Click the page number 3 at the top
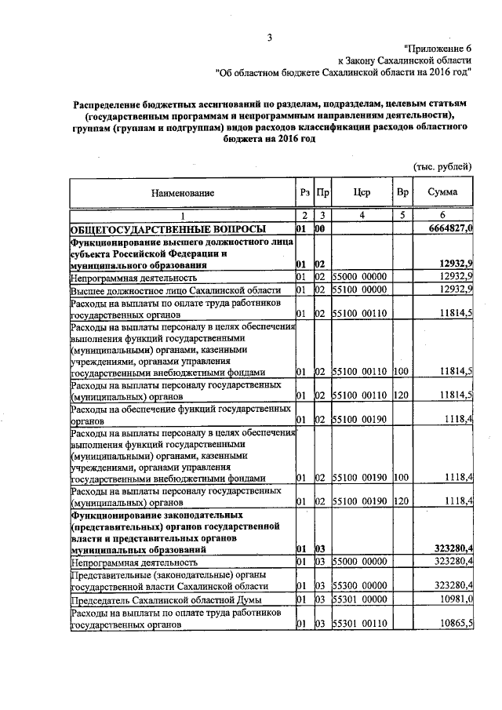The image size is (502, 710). coord(269,38)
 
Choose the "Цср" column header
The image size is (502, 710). coord(362,192)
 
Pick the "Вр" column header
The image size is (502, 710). coord(402,192)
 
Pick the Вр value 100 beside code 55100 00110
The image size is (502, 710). coord(402,372)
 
